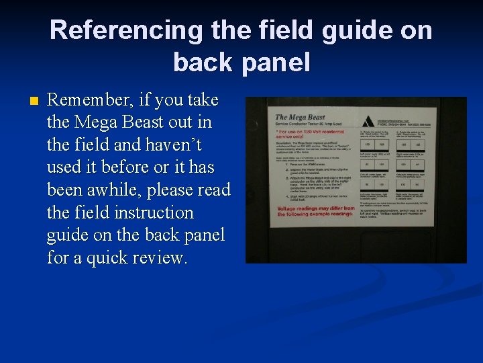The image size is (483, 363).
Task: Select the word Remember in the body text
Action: tap(91, 100)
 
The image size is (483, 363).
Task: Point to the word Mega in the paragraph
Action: tap(96, 122)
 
